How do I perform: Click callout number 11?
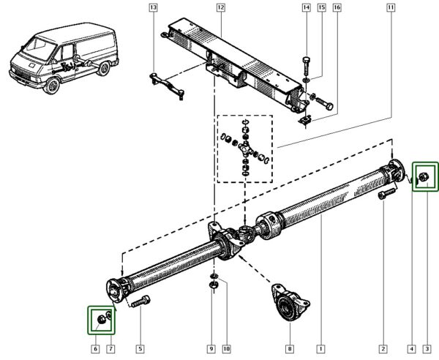point(391,8)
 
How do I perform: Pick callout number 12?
point(220,8)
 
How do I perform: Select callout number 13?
point(152,8)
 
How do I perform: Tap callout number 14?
point(306,8)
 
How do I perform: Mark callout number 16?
point(337,8)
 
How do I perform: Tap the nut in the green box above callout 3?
point(423,176)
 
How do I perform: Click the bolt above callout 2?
point(384,195)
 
